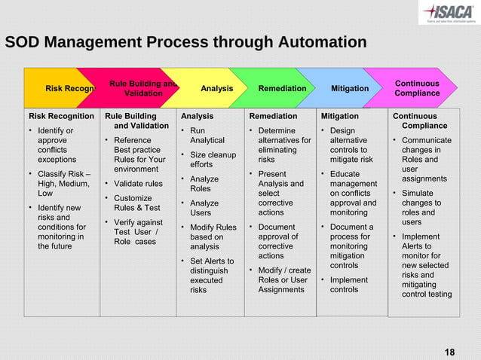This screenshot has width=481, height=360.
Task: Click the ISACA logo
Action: click(449, 13)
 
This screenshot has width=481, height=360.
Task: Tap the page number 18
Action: click(450, 353)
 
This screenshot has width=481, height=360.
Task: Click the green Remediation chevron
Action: click(282, 89)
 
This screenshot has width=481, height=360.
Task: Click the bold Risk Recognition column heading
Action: click(61, 117)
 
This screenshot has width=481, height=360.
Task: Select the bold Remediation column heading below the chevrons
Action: click(274, 117)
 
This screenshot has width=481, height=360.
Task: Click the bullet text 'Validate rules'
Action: click(138, 184)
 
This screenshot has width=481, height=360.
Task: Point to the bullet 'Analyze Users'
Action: click(204, 209)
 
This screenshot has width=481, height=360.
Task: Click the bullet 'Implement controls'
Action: click(349, 285)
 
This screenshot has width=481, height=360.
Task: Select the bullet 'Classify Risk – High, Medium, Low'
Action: click(60, 184)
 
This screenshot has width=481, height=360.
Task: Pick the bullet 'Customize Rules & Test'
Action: click(136, 203)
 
